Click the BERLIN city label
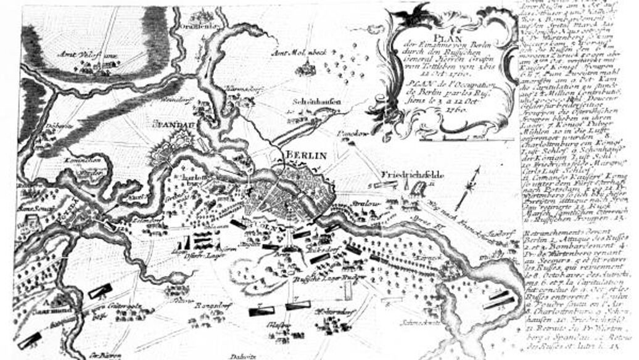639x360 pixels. tap(305, 155)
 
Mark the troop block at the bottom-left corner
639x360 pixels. tap(28, 340)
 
